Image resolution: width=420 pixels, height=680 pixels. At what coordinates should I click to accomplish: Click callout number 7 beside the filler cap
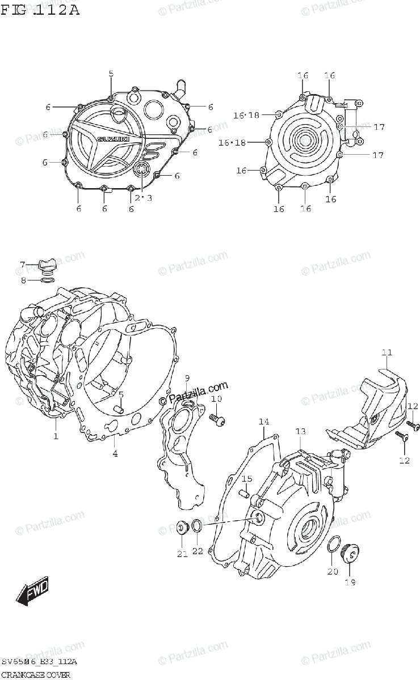(23, 264)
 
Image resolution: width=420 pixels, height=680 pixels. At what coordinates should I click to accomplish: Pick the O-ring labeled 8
(48, 279)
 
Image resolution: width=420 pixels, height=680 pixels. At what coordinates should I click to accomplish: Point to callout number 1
(56, 436)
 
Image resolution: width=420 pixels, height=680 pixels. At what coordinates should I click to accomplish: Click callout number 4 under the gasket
(115, 453)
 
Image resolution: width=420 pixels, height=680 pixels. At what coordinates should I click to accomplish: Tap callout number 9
(187, 378)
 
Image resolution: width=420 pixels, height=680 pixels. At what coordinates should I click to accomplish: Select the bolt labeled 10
(217, 419)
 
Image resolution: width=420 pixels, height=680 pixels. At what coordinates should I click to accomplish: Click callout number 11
(387, 353)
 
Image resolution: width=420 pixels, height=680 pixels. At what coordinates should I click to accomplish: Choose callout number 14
(264, 422)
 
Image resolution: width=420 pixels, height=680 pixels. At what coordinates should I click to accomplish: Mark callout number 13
(300, 432)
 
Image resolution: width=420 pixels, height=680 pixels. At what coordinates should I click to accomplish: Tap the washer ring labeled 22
(196, 527)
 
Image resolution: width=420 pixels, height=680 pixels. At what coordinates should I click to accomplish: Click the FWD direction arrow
(32, 590)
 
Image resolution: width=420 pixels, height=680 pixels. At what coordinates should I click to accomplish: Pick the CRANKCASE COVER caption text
(35, 674)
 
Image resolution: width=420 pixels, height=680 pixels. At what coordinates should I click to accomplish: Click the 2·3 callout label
(144, 197)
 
